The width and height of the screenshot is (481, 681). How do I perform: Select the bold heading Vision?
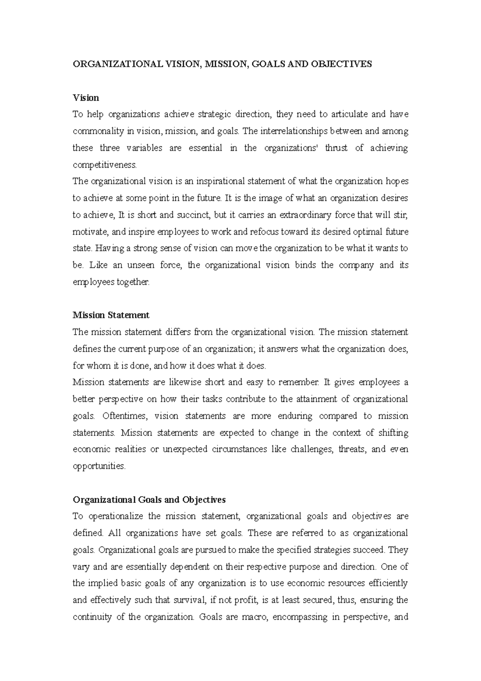pyautogui.click(x=86, y=97)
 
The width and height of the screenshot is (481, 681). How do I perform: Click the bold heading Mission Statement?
pyautogui.click(x=111, y=315)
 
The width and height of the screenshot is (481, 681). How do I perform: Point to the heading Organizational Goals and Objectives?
pyautogui.click(x=149, y=500)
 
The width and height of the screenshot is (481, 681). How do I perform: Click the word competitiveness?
pyautogui.click(x=105, y=165)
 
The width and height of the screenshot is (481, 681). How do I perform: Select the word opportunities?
pyautogui.click(x=99, y=466)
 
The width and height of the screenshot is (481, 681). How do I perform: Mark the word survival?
pyautogui.click(x=190, y=600)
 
